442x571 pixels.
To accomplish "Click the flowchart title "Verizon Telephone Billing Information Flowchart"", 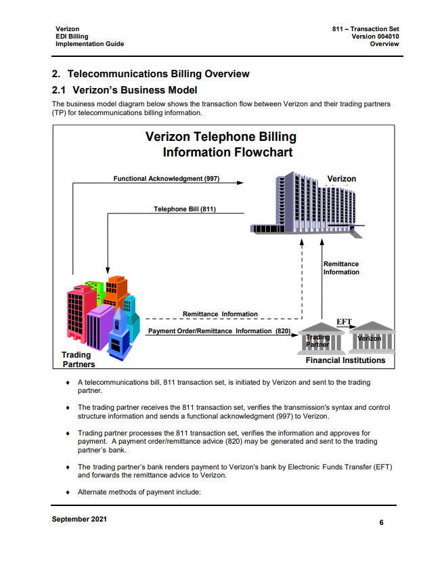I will [221, 144].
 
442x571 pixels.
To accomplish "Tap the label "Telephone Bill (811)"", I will [185, 209].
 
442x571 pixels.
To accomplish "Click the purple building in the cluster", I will [100, 325].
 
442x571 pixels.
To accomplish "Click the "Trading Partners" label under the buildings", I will [76, 360].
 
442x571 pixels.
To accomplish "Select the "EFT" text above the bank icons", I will [344, 321].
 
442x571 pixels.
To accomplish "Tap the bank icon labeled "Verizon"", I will [370, 336].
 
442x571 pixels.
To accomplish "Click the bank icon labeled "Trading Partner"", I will [317, 339].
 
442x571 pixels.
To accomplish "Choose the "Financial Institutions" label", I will [345, 360].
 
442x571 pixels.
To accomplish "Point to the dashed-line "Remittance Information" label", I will [220, 314].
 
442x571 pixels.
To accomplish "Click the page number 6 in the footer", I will [381, 523].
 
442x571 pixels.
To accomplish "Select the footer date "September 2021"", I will [79, 520].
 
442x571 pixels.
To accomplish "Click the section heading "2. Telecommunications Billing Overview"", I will [150, 73].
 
